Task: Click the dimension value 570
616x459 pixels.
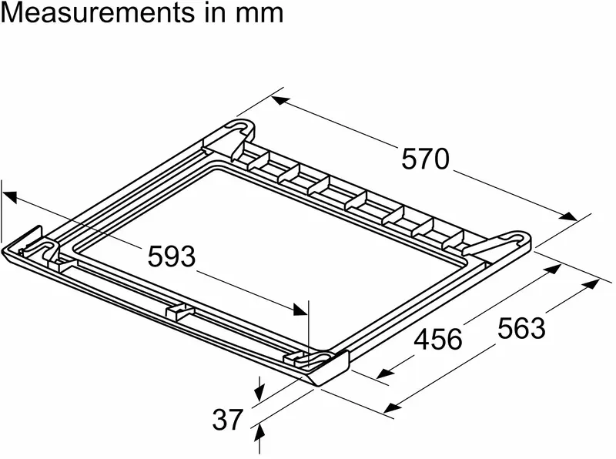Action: pos(424,159)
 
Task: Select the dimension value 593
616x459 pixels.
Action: pos(171,256)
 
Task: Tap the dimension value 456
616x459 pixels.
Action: pos(438,338)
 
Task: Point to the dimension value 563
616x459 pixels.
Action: pos(521,328)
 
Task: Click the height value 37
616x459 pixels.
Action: pos(227,419)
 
